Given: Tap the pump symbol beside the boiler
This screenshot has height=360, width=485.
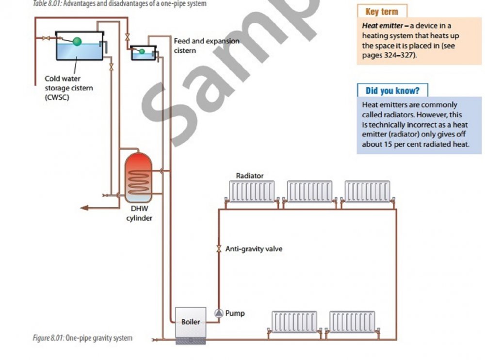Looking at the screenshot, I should click(219, 313).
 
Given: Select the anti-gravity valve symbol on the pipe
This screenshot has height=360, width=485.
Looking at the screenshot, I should click(219, 249).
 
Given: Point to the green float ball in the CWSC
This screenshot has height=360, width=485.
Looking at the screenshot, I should click(77, 41).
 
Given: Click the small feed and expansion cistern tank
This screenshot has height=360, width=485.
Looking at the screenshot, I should click(143, 52).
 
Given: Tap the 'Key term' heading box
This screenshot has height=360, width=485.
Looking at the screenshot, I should click(382, 12).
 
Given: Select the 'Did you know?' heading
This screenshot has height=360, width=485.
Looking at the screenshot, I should click(393, 90).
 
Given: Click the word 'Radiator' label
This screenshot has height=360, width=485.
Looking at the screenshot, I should click(250, 176).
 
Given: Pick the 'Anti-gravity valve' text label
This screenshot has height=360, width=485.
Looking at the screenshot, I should click(254, 249).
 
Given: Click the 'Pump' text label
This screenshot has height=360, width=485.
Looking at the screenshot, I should click(235, 313).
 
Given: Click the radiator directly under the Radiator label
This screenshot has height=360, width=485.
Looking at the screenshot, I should click(252, 192).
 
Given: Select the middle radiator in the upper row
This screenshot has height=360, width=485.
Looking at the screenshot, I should click(310, 192).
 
